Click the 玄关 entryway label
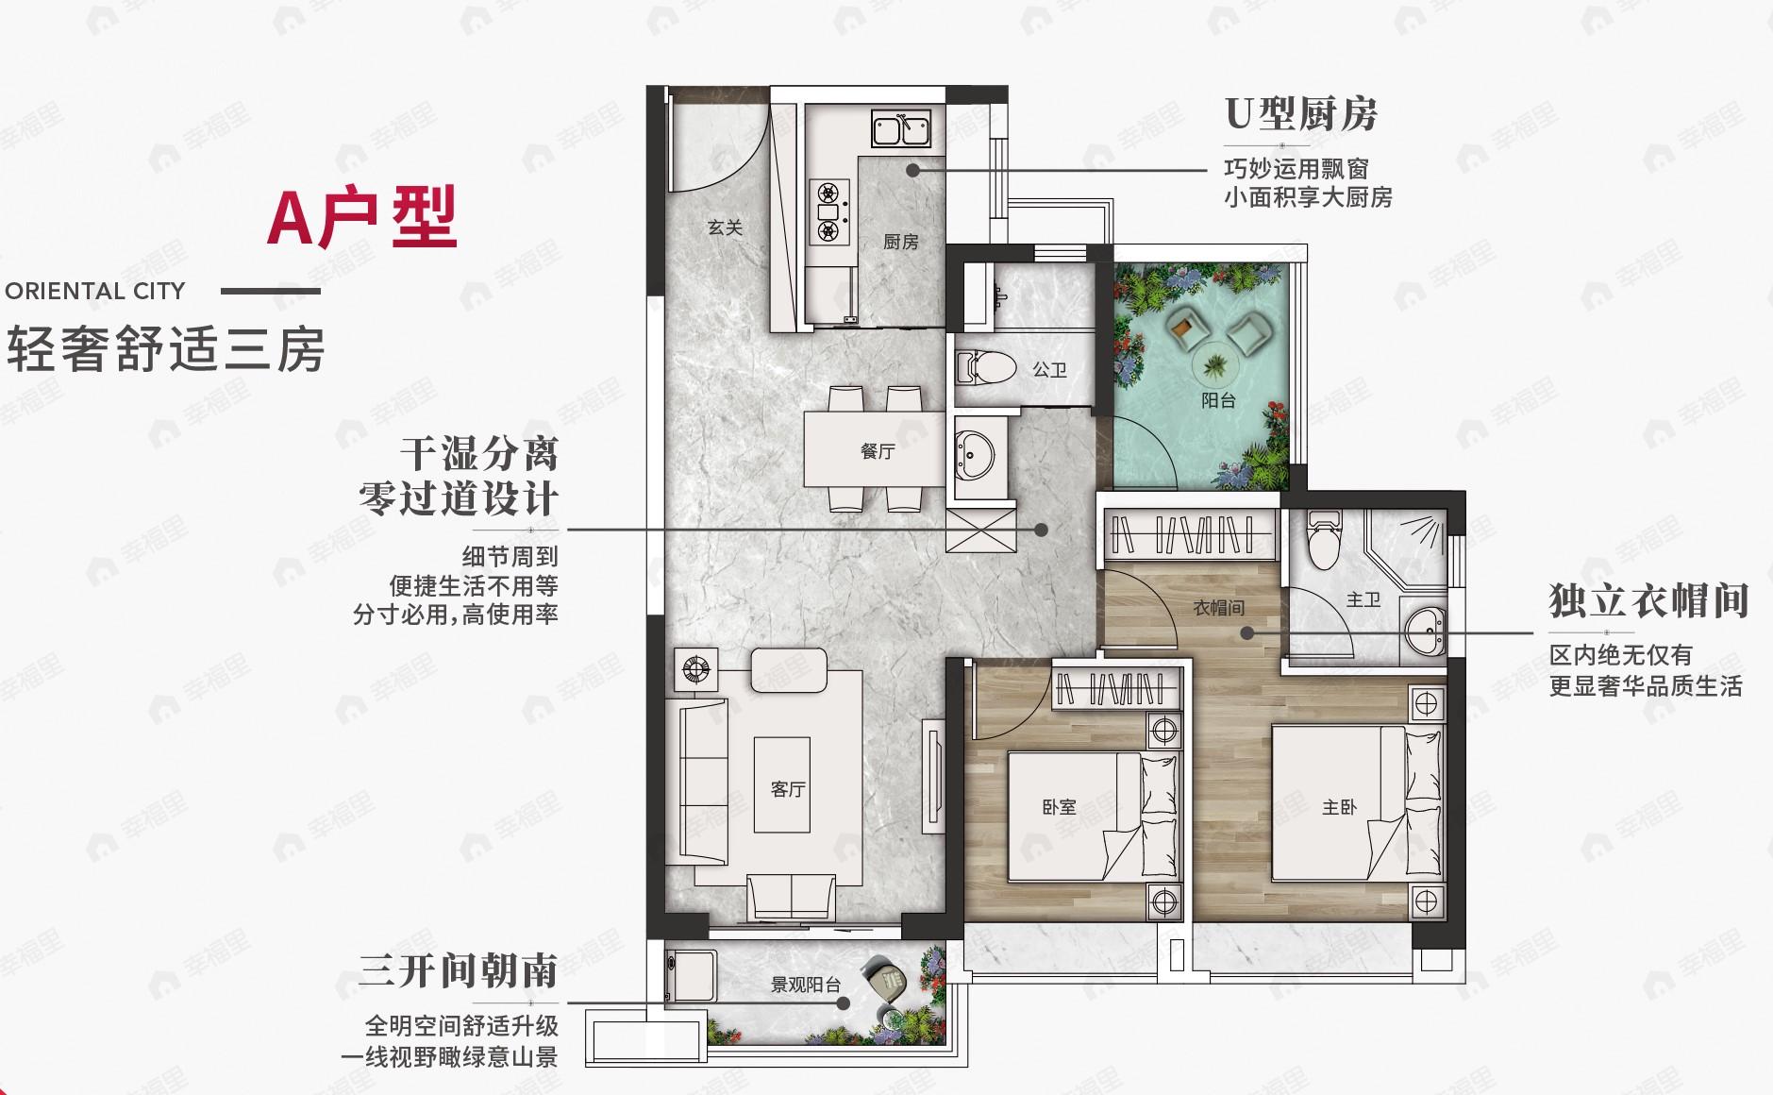click(725, 227)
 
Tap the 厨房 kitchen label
click(900, 243)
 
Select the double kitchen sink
click(901, 129)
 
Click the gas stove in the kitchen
click(828, 211)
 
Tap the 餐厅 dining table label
click(877, 451)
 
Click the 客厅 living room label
click(787, 789)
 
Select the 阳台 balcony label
click(1218, 400)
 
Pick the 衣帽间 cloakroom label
click(1218, 608)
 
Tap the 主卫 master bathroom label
click(1363, 599)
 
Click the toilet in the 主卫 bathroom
click(1323, 542)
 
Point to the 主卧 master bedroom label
click(1339, 807)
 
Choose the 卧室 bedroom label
click(1059, 807)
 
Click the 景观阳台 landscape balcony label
click(805, 985)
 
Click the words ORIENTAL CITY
click(95, 291)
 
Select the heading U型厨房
click(1301, 114)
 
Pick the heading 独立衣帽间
click(1648, 601)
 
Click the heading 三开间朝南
click(459, 970)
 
